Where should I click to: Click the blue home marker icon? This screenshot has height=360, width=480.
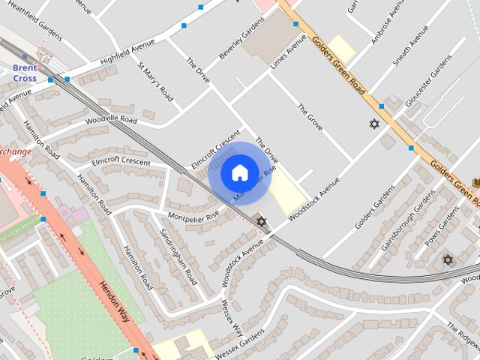[x=239, y=173]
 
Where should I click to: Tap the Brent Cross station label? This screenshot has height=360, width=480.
[x=24, y=73]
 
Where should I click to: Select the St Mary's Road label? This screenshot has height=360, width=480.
[x=156, y=79]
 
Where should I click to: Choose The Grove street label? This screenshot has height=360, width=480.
[x=310, y=117]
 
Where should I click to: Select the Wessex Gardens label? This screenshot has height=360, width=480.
[x=237, y=349]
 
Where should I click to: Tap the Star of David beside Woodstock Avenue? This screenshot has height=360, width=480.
[x=261, y=220]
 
